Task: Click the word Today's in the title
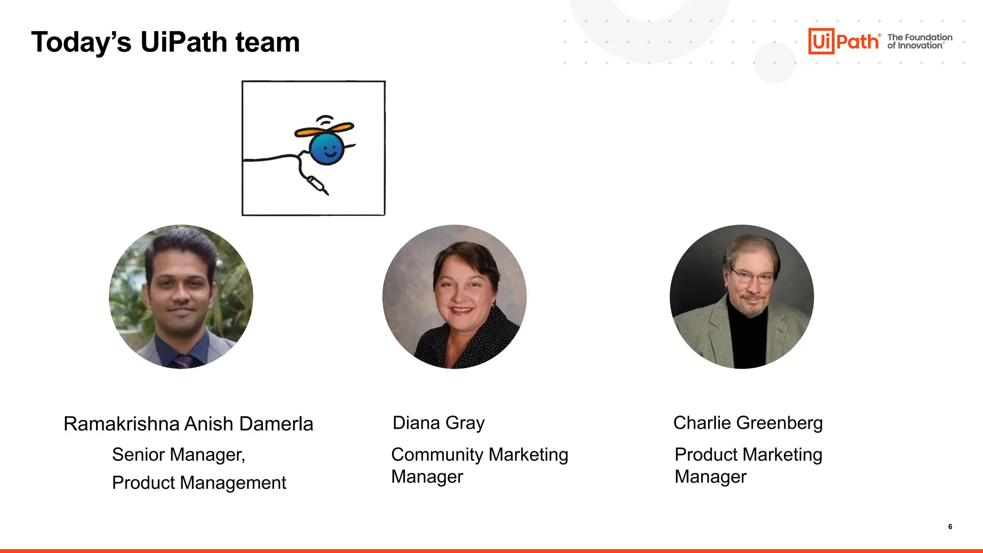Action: [x=81, y=42]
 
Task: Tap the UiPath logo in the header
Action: [x=844, y=41]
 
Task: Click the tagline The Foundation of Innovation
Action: [x=920, y=41]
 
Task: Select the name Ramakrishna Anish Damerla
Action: [x=188, y=424]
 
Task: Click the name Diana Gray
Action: [x=438, y=423]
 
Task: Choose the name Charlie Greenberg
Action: [x=748, y=423]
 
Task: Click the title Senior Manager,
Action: [x=179, y=455]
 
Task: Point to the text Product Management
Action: [x=199, y=483]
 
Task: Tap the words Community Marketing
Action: [x=480, y=455]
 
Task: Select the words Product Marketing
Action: [x=748, y=455]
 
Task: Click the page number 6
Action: [x=950, y=527]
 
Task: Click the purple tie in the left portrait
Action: [x=182, y=361]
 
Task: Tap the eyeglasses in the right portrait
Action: [x=751, y=277]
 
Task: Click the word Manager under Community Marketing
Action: [x=427, y=477]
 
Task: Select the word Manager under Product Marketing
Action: [x=710, y=477]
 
